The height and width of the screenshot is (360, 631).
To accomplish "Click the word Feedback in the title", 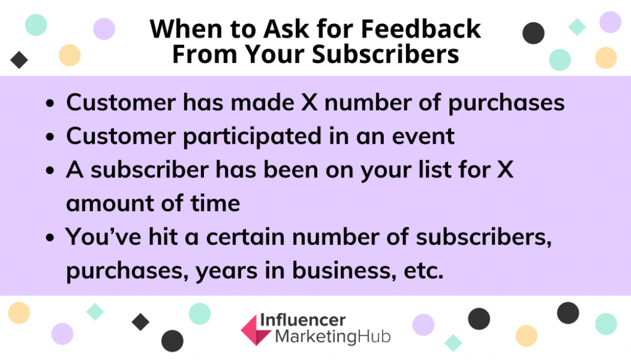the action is [421, 28].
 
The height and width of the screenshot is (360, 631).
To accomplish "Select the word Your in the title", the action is [275, 54].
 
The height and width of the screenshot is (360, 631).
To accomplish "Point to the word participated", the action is [252, 136].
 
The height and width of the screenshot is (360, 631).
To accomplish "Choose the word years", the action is [226, 271].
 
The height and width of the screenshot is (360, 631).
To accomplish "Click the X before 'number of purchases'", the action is [309, 102].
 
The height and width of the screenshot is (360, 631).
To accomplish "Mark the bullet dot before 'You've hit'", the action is [50, 237].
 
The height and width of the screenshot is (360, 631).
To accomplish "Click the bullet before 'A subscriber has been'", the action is [50, 170].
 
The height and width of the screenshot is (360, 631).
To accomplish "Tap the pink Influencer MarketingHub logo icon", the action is [256, 330].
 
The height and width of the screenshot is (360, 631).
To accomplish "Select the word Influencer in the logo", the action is [303, 320].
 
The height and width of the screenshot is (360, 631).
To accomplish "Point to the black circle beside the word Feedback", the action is [533, 33].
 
